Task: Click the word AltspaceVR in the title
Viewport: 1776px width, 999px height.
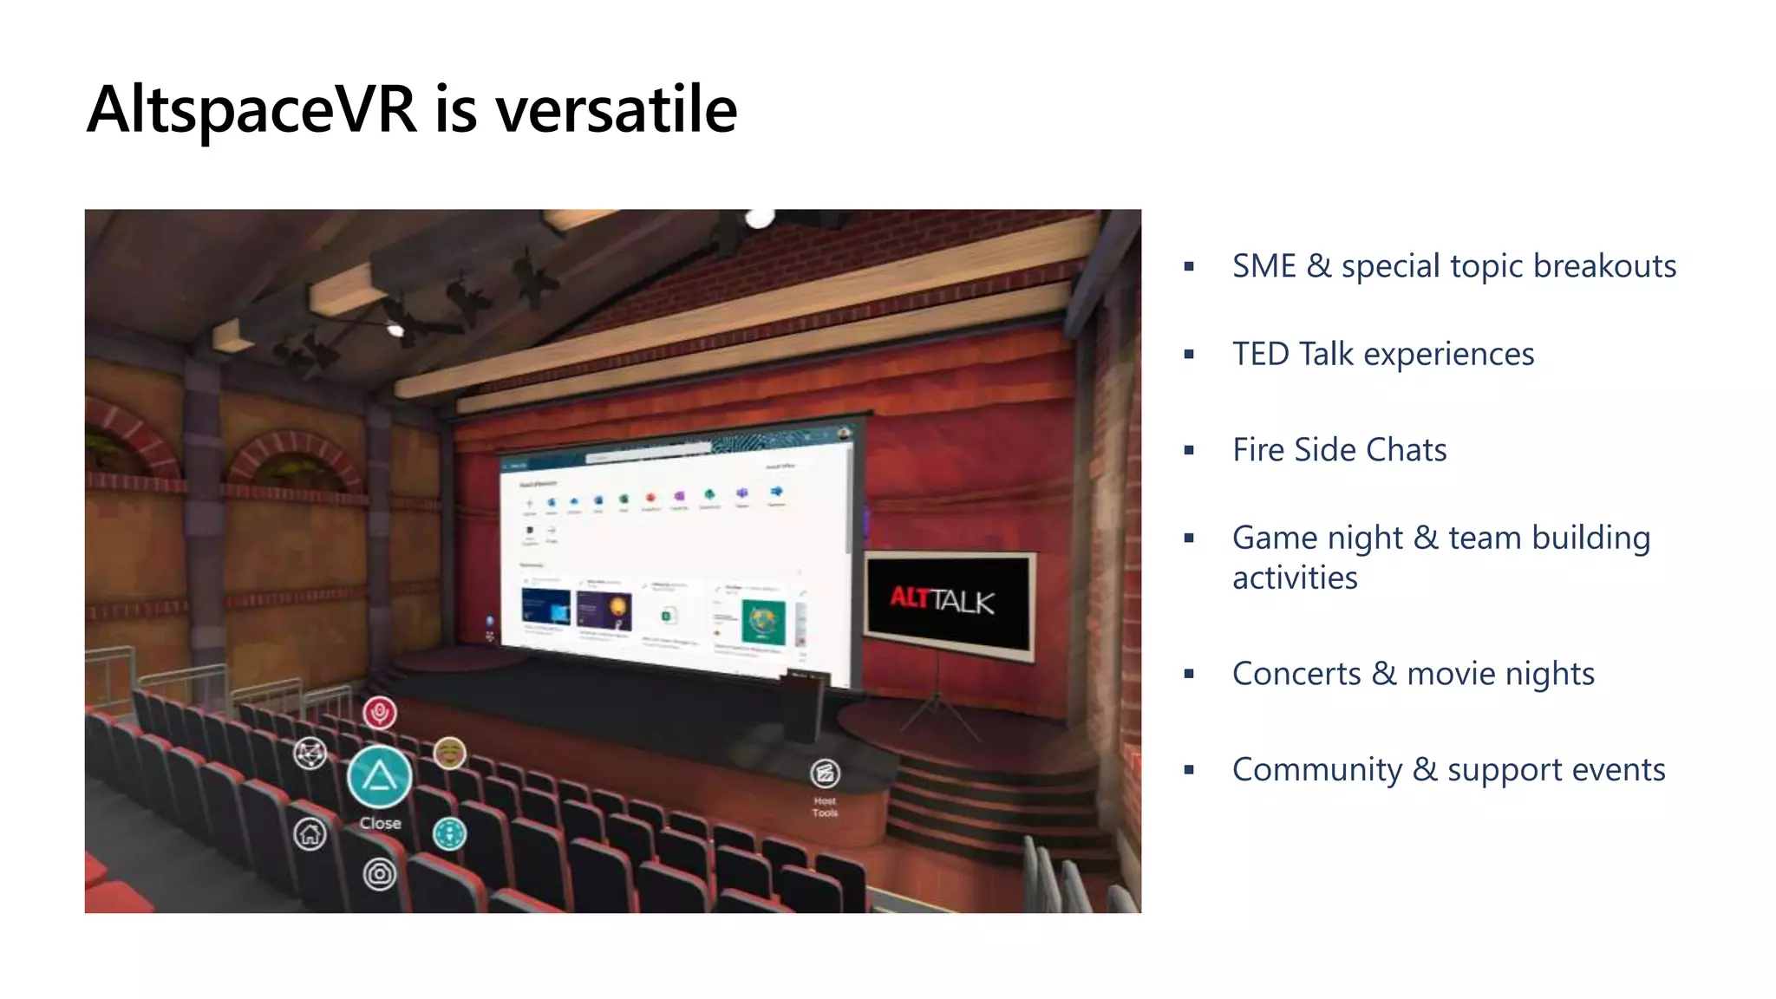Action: (x=251, y=110)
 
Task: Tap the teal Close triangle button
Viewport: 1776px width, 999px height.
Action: (x=379, y=775)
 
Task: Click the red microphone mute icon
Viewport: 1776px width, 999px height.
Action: (x=379, y=713)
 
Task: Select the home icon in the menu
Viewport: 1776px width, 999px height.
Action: (x=310, y=834)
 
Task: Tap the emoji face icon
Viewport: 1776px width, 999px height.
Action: (x=449, y=753)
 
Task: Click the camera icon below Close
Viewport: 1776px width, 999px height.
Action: (x=379, y=873)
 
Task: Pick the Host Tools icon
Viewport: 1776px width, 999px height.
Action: (x=825, y=773)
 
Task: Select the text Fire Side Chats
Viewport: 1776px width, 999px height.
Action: (x=1339, y=450)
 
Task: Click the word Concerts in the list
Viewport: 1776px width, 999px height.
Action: (x=1296, y=674)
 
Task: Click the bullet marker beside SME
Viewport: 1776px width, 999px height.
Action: (x=1189, y=267)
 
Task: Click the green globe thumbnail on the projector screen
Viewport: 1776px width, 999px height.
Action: (x=763, y=622)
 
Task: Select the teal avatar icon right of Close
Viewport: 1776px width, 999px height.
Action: (x=449, y=834)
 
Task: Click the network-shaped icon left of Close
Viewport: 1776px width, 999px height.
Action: (x=310, y=754)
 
